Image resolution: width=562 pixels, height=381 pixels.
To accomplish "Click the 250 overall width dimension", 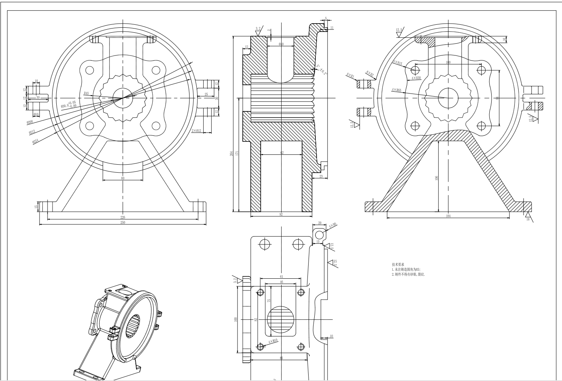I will (123, 222).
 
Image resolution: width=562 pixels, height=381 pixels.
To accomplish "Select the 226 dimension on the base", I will (123, 217).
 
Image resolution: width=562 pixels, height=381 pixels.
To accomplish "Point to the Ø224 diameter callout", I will (36, 141).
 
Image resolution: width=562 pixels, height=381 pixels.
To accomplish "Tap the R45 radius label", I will (86, 93).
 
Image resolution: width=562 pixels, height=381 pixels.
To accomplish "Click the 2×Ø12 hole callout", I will (196, 131).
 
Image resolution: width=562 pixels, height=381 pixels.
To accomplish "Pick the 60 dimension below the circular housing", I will (123, 178).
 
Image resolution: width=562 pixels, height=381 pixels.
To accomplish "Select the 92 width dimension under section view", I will (281, 215).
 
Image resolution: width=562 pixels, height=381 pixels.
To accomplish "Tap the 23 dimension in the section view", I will (321, 176).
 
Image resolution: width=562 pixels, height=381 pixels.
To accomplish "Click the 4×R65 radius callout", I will (396, 90).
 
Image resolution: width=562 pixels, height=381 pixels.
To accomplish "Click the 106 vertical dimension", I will (437, 178).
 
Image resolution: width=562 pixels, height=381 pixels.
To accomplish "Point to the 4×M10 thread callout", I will (273, 342).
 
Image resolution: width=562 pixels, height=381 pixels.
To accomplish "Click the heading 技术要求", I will (398, 264).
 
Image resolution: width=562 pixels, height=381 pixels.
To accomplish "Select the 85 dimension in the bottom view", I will (281, 358).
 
